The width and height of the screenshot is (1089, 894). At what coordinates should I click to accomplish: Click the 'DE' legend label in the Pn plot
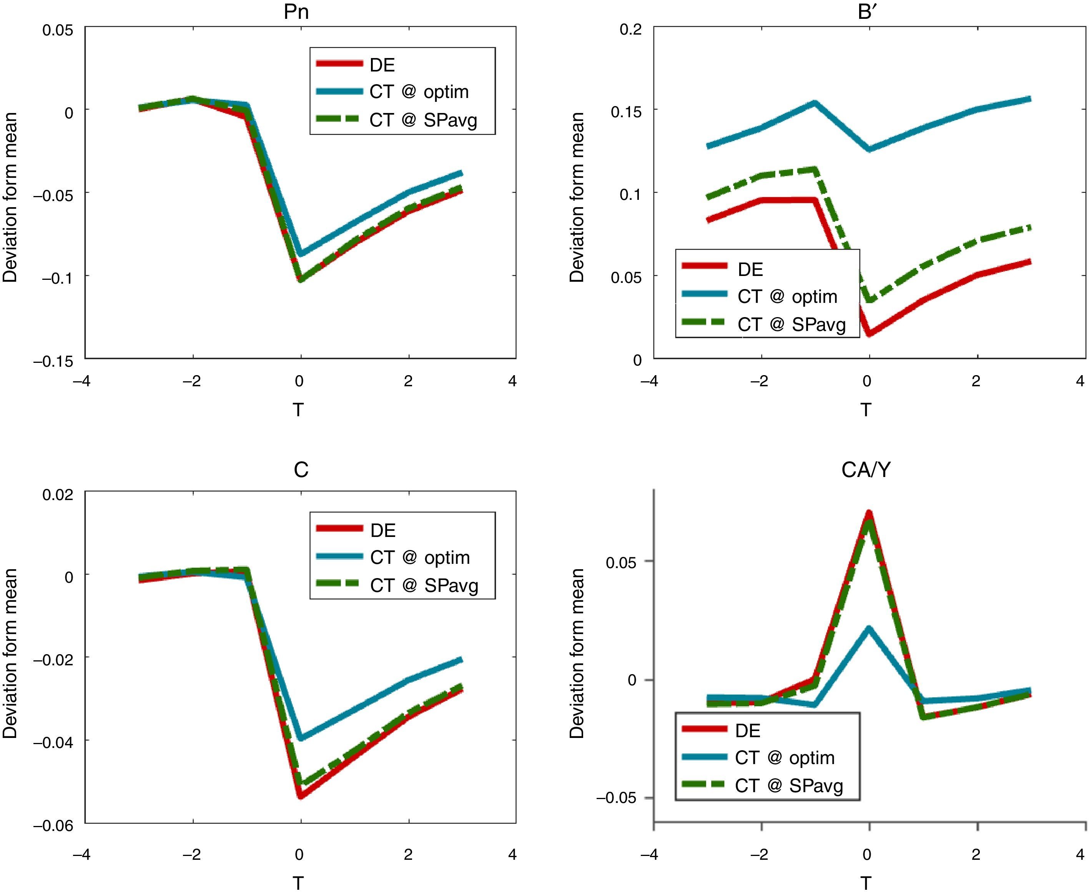382,65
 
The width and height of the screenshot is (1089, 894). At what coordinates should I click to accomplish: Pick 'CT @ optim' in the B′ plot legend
787,297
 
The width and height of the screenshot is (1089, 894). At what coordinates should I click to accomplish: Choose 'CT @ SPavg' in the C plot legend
424,585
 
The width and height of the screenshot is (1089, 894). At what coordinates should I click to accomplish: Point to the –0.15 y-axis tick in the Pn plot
53,362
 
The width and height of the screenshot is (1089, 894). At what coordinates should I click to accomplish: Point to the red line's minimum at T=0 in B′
869,334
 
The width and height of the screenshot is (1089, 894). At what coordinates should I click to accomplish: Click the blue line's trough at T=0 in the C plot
301,738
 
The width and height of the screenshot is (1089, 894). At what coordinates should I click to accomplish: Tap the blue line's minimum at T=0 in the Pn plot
301,253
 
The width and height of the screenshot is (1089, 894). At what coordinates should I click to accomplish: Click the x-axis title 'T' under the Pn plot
298,410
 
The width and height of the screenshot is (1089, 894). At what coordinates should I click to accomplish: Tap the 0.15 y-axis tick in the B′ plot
626,111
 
